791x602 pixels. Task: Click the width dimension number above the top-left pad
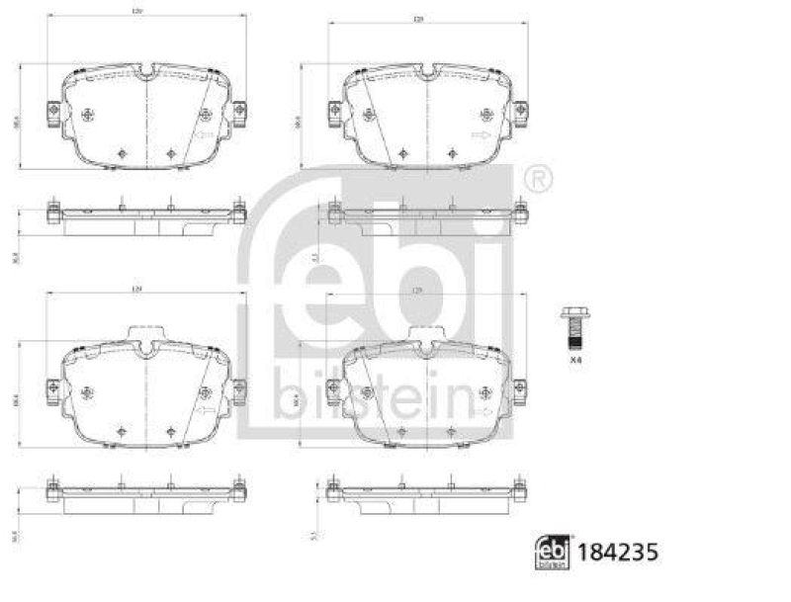(x=146, y=11)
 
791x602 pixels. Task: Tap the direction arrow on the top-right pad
(x=482, y=135)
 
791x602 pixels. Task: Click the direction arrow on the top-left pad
(x=206, y=135)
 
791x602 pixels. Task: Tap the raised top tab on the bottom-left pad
(x=145, y=333)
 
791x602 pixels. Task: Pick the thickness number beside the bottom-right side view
(x=312, y=535)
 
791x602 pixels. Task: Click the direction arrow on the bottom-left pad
(x=206, y=410)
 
